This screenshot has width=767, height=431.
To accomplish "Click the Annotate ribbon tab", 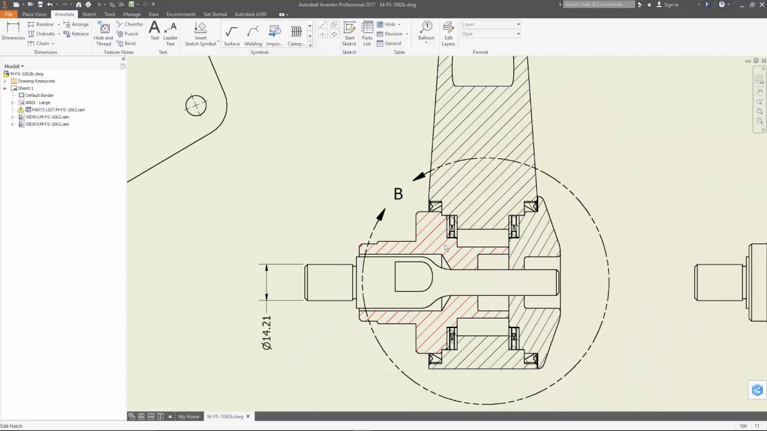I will (x=64, y=14).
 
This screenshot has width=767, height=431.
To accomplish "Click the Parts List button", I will (x=367, y=33).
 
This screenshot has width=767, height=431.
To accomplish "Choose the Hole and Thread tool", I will (x=104, y=33).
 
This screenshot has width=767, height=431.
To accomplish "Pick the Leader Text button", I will (x=170, y=33).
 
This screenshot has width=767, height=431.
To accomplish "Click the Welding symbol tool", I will (x=253, y=35).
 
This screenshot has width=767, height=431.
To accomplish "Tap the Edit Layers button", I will (x=448, y=33).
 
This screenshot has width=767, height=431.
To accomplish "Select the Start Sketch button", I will (x=349, y=33).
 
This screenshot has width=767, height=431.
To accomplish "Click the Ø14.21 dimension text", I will (x=267, y=332).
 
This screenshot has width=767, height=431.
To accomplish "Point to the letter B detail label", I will (x=398, y=194).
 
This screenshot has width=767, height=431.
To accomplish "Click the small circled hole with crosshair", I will (x=196, y=106).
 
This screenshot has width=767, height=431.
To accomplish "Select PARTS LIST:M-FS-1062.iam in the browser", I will (x=58, y=110).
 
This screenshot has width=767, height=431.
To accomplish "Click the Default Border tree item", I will (x=39, y=95).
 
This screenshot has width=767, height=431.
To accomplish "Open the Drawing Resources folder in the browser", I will (x=36, y=81).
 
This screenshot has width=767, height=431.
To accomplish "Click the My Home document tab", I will (x=189, y=417).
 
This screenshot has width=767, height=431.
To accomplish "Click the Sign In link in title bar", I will (x=671, y=5).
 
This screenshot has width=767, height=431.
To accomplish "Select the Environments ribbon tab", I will (x=181, y=14).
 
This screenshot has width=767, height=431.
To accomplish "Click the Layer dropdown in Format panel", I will (x=491, y=25).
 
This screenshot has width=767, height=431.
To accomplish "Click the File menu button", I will (x=8, y=14).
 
